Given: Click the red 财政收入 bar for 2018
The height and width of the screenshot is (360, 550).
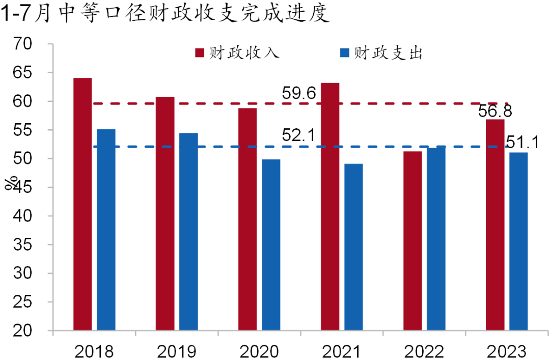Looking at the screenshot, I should point(82,204).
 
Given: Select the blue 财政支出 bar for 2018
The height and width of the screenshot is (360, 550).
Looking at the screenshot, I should point(106,230).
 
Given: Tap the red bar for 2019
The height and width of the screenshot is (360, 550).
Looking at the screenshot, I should point(165,213).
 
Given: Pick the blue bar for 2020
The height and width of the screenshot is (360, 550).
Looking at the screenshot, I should point(271,245).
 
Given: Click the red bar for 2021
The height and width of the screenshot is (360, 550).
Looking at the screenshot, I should point(330,206).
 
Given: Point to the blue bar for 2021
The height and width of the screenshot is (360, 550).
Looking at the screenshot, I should point(353,247).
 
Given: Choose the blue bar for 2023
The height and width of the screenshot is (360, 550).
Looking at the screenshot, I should point(518,241).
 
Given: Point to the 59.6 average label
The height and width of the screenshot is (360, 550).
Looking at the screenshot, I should point(299,93).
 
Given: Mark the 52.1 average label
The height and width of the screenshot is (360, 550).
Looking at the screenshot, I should point(299,135).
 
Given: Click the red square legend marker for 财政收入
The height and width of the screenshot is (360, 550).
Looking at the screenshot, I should point(200,53).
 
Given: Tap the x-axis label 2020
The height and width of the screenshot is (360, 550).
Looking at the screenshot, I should point(259,351).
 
